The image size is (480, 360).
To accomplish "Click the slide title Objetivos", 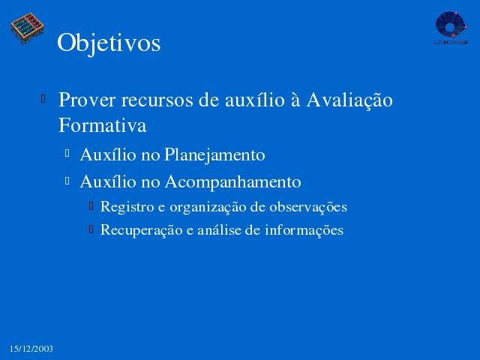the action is (x=109, y=43).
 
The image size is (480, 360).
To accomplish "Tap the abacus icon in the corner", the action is (x=28, y=28).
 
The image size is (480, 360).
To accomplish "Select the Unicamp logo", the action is (x=451, y=28).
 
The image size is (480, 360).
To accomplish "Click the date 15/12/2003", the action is (x=31, y=349).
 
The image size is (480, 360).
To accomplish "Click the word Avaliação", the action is (x=349, y=100).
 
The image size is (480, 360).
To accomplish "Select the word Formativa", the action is (x=102, y=125).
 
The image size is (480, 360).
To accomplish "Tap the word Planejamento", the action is (x=214, y=155).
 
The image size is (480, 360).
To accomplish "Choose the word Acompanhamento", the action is (x=232, y=182).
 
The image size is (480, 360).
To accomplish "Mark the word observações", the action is (x=308, y=207).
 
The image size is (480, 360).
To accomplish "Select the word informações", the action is (x=304, y=230).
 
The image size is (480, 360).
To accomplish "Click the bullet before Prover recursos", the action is (x=43, y=98).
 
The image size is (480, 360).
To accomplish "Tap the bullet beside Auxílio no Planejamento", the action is (x=67, y=153).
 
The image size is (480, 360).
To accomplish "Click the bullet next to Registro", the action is (x=91, y=205).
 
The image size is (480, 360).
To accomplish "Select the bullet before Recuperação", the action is (x=91, y=229).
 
